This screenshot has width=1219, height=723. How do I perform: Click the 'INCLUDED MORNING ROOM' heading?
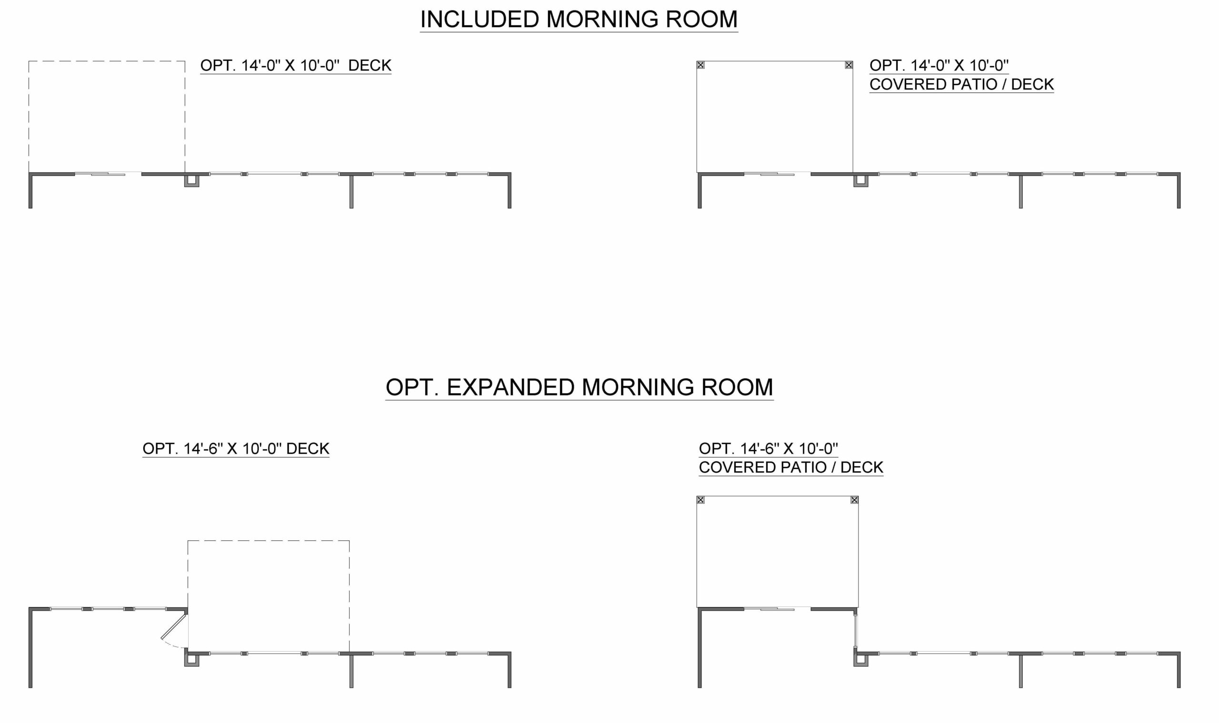point(579,20)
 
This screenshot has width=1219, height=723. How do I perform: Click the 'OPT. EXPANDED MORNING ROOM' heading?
point(580,387)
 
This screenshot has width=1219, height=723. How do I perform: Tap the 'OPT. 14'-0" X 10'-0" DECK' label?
point(296,65)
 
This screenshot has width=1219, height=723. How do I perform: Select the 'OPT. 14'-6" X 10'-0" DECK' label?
point(236,448)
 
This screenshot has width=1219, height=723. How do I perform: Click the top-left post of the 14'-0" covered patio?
point(700,65)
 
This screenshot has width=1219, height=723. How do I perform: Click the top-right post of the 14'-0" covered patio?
point(849,65)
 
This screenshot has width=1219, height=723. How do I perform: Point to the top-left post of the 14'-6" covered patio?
point(700,500)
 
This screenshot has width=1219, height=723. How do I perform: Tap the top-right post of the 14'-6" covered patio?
point(854,500)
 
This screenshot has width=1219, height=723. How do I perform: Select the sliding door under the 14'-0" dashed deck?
point(108,173)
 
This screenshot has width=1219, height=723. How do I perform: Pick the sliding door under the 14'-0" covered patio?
point(778,173)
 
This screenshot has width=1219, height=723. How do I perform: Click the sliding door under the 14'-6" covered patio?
point(778,608)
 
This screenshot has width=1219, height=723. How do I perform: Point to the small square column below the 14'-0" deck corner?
point(191,180)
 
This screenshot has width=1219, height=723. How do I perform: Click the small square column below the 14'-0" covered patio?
point(861,180)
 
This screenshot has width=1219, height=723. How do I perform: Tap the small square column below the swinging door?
point(191,660)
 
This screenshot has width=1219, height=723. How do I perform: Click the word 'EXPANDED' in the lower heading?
point(510,387)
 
